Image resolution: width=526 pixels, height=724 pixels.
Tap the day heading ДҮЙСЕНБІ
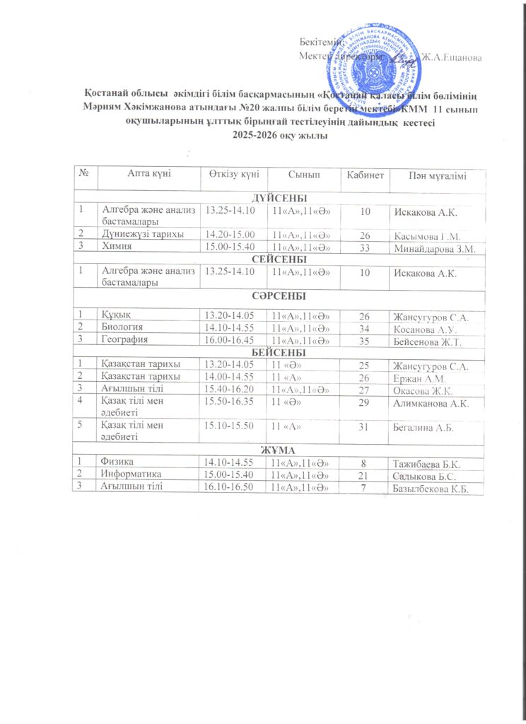pos(279,197)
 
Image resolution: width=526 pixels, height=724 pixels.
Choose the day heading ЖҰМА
pos(279,450)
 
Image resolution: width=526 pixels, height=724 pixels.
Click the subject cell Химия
pos(115,247)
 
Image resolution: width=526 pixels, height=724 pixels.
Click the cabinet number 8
pos(364,463)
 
